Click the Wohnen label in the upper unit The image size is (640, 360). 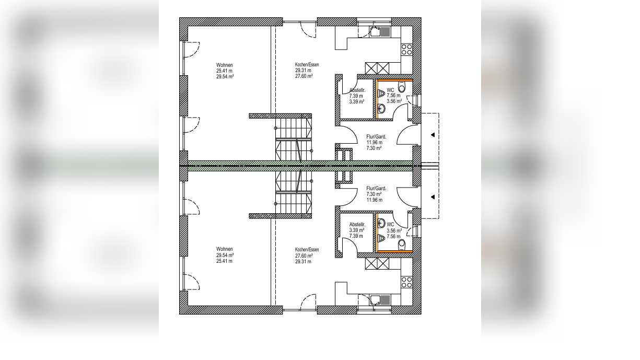(x=224, y=65)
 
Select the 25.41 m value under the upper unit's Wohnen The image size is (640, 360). (x=224, y=71)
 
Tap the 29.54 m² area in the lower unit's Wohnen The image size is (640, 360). (x=225, y=255)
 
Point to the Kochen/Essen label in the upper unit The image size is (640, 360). (x=307, y=65)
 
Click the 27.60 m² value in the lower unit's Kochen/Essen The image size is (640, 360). (x=304, y=256)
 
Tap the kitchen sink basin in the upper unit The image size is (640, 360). (x=375, y=31)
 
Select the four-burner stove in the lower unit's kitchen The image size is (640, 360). (x=406, y=282)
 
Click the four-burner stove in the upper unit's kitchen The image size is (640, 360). (x=406, y=50)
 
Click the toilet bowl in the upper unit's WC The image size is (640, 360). (x=402, y=87)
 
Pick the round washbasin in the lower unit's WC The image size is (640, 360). (x=381, y=223)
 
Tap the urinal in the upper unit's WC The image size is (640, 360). (x=381, y=94)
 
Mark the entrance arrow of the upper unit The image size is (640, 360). (x=433, y=135)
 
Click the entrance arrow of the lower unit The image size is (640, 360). (x=433, y=197)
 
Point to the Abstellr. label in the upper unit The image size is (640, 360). (x=357, y=90)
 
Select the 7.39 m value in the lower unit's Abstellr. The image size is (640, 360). (x=356, y=236)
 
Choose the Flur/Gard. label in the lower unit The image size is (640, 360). (x=376, y=189)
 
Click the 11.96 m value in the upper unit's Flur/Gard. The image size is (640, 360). (x=374, y=143)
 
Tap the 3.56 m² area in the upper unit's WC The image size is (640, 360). (x=394, y=101)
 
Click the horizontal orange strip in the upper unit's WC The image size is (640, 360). (x=395, y=80)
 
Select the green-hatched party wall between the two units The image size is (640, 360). (x=300, y=166)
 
